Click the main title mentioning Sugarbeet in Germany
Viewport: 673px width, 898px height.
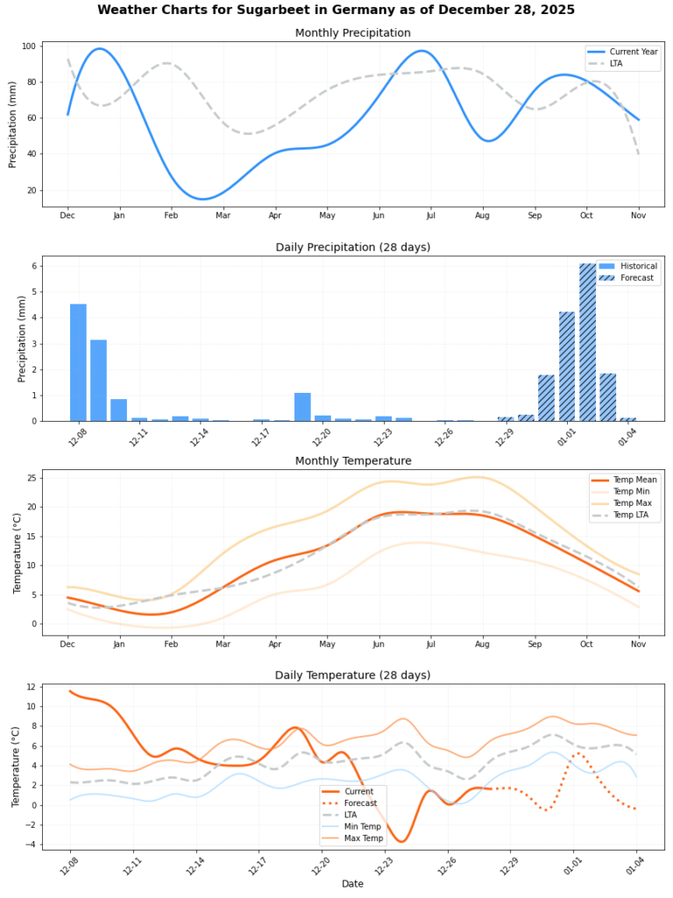point(336,10)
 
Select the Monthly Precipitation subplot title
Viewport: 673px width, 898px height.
point(352,33)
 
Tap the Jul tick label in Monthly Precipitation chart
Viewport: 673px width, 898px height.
point(430,216)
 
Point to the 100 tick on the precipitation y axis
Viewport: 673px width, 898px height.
point(29,46)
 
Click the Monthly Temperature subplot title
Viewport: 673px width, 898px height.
point(352,460)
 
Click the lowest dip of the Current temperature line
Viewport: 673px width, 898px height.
point(402,841)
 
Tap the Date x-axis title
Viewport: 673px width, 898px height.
point(352,884)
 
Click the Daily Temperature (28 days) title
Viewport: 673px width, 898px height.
point(352,675)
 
